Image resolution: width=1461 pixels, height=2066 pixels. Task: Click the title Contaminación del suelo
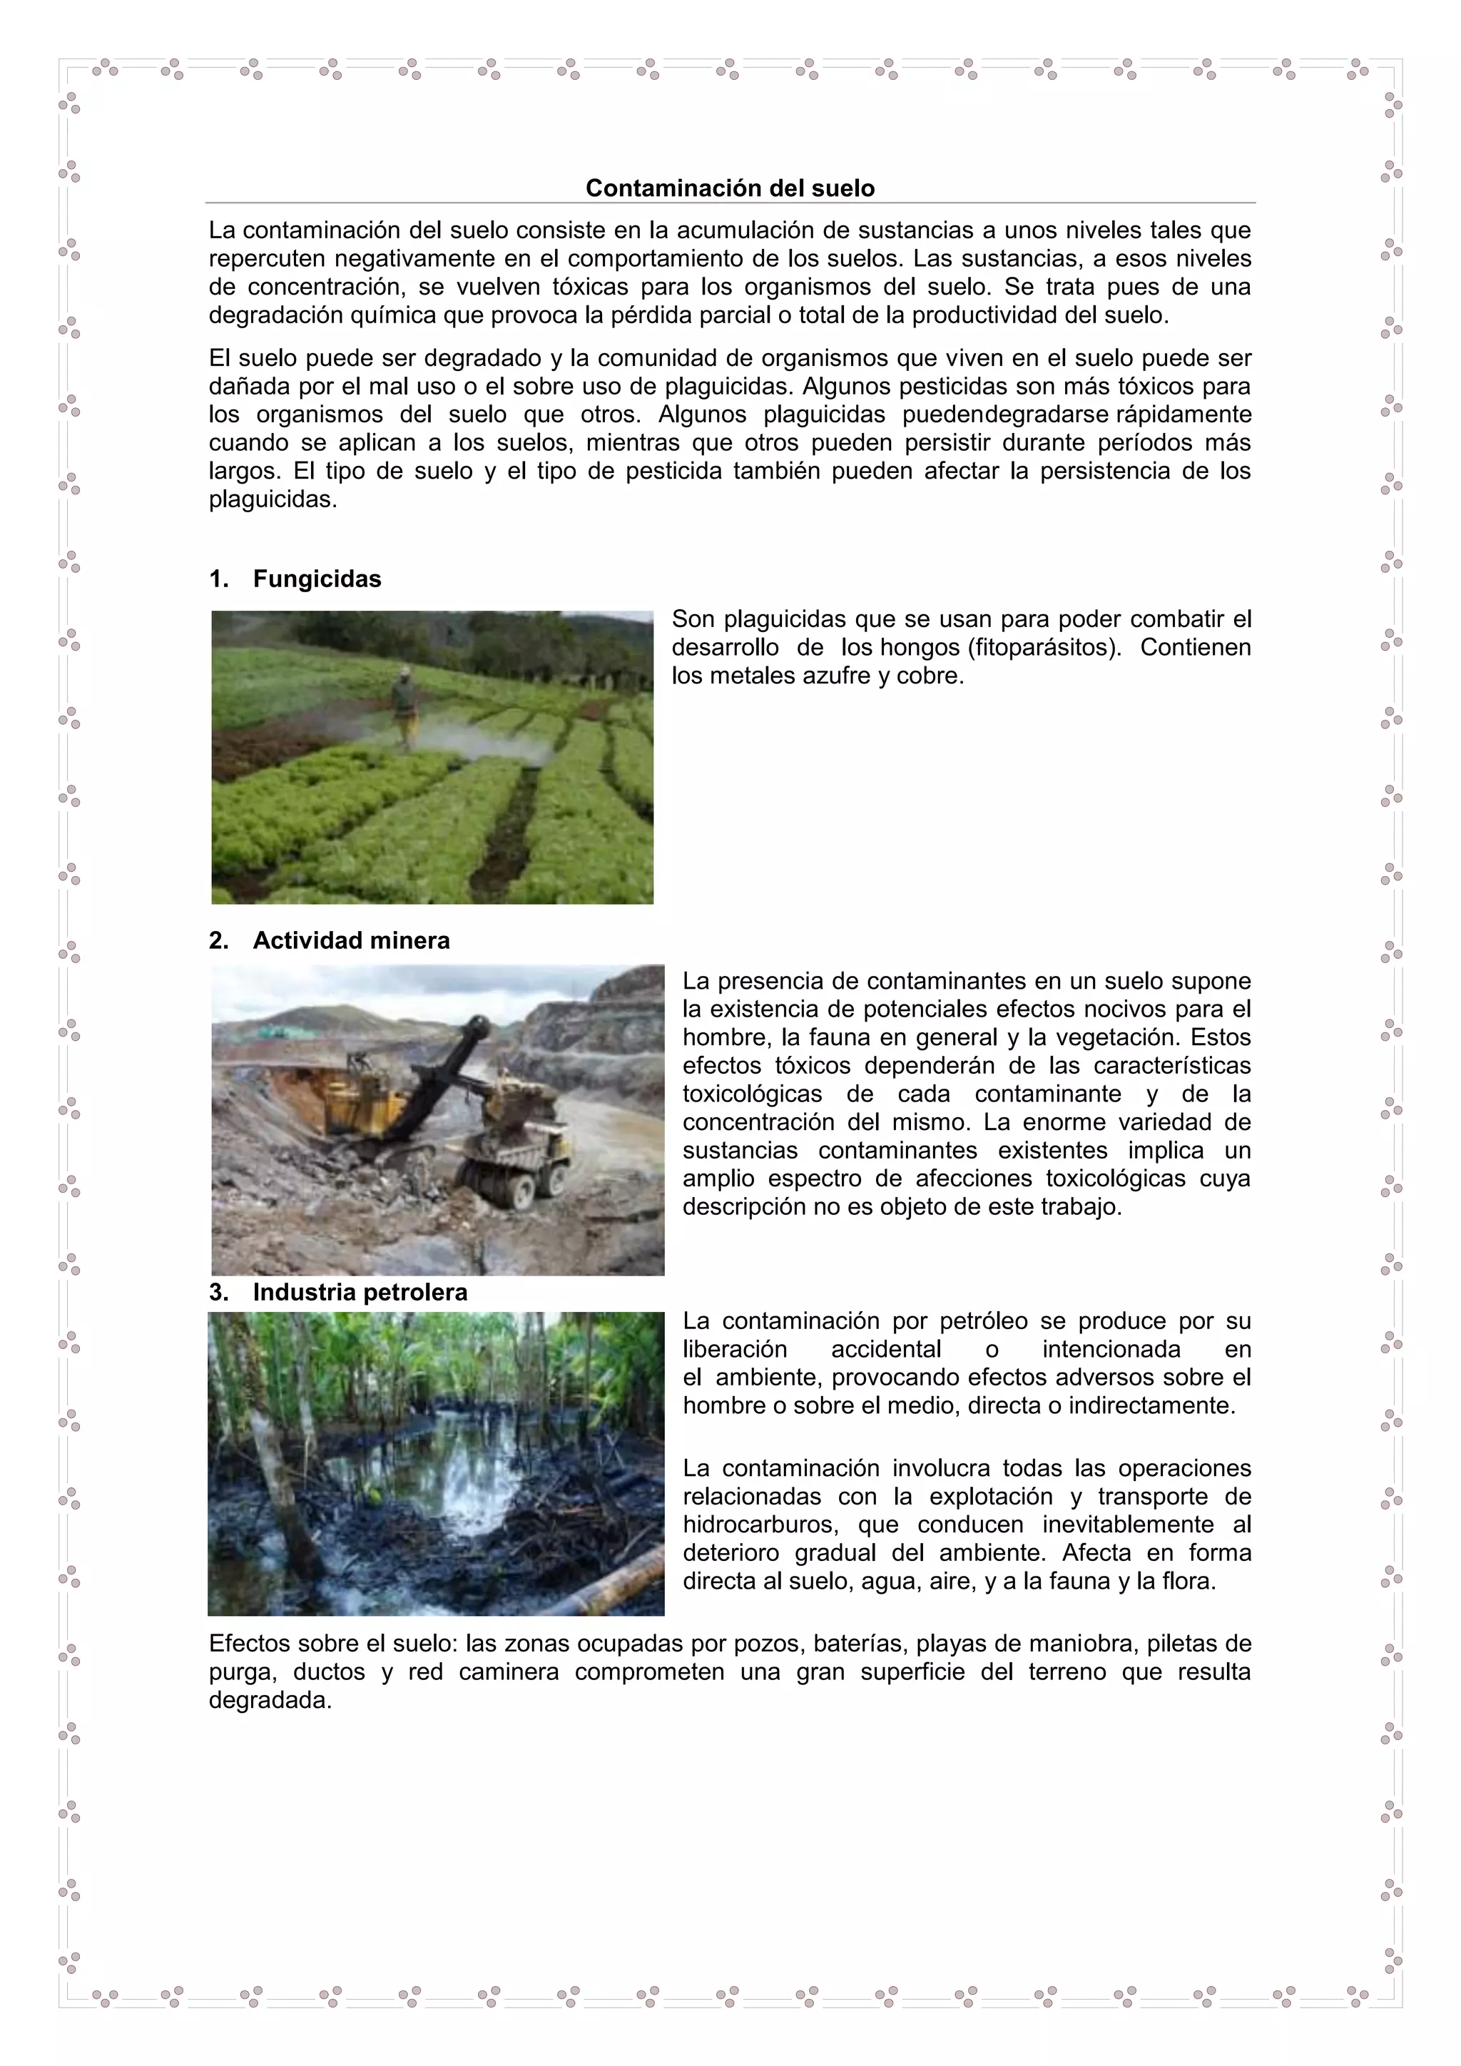tap(730, 188)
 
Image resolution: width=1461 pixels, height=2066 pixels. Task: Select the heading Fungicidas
tap(317, 579)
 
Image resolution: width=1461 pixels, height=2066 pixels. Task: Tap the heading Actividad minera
tap(351, 940)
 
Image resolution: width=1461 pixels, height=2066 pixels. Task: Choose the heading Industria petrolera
tap(360, 1292)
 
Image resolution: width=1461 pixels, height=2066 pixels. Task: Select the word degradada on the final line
tap(270, 1701)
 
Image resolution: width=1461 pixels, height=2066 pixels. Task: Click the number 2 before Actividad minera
tap(217, 940)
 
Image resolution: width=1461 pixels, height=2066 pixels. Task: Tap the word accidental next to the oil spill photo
tap(885, 1350)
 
